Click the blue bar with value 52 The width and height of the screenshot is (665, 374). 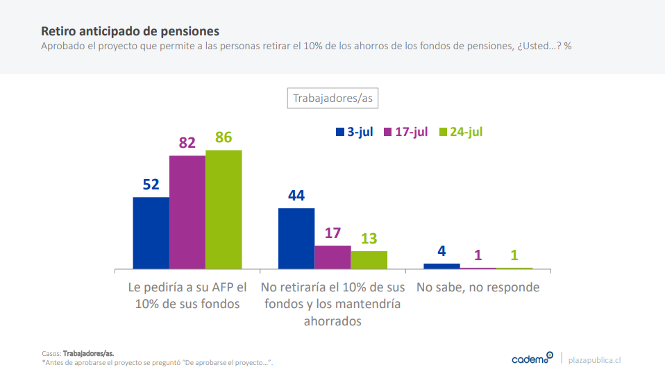(151, 232)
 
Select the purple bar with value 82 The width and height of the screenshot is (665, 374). (187, 212)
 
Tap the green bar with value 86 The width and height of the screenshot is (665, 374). (224, 209)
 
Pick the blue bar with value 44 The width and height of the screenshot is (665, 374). (296, 238)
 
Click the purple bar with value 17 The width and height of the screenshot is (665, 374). (332, 257)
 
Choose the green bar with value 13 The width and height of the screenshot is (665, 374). (369, 260)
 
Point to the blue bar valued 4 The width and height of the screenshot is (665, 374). (441, 266)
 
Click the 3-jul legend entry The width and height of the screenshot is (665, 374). (354, 132)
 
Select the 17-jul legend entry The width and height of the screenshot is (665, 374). (405, 132)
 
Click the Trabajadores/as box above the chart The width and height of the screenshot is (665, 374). (332, 98)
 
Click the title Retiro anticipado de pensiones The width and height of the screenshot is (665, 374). (130, 31)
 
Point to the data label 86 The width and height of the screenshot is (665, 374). (224, 137)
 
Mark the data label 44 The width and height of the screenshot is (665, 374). (296, 196)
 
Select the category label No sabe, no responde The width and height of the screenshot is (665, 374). (478, 287)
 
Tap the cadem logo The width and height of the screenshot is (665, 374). (532, 358)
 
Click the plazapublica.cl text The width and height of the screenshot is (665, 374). (594, 359)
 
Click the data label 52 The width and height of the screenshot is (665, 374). (151, 185)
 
